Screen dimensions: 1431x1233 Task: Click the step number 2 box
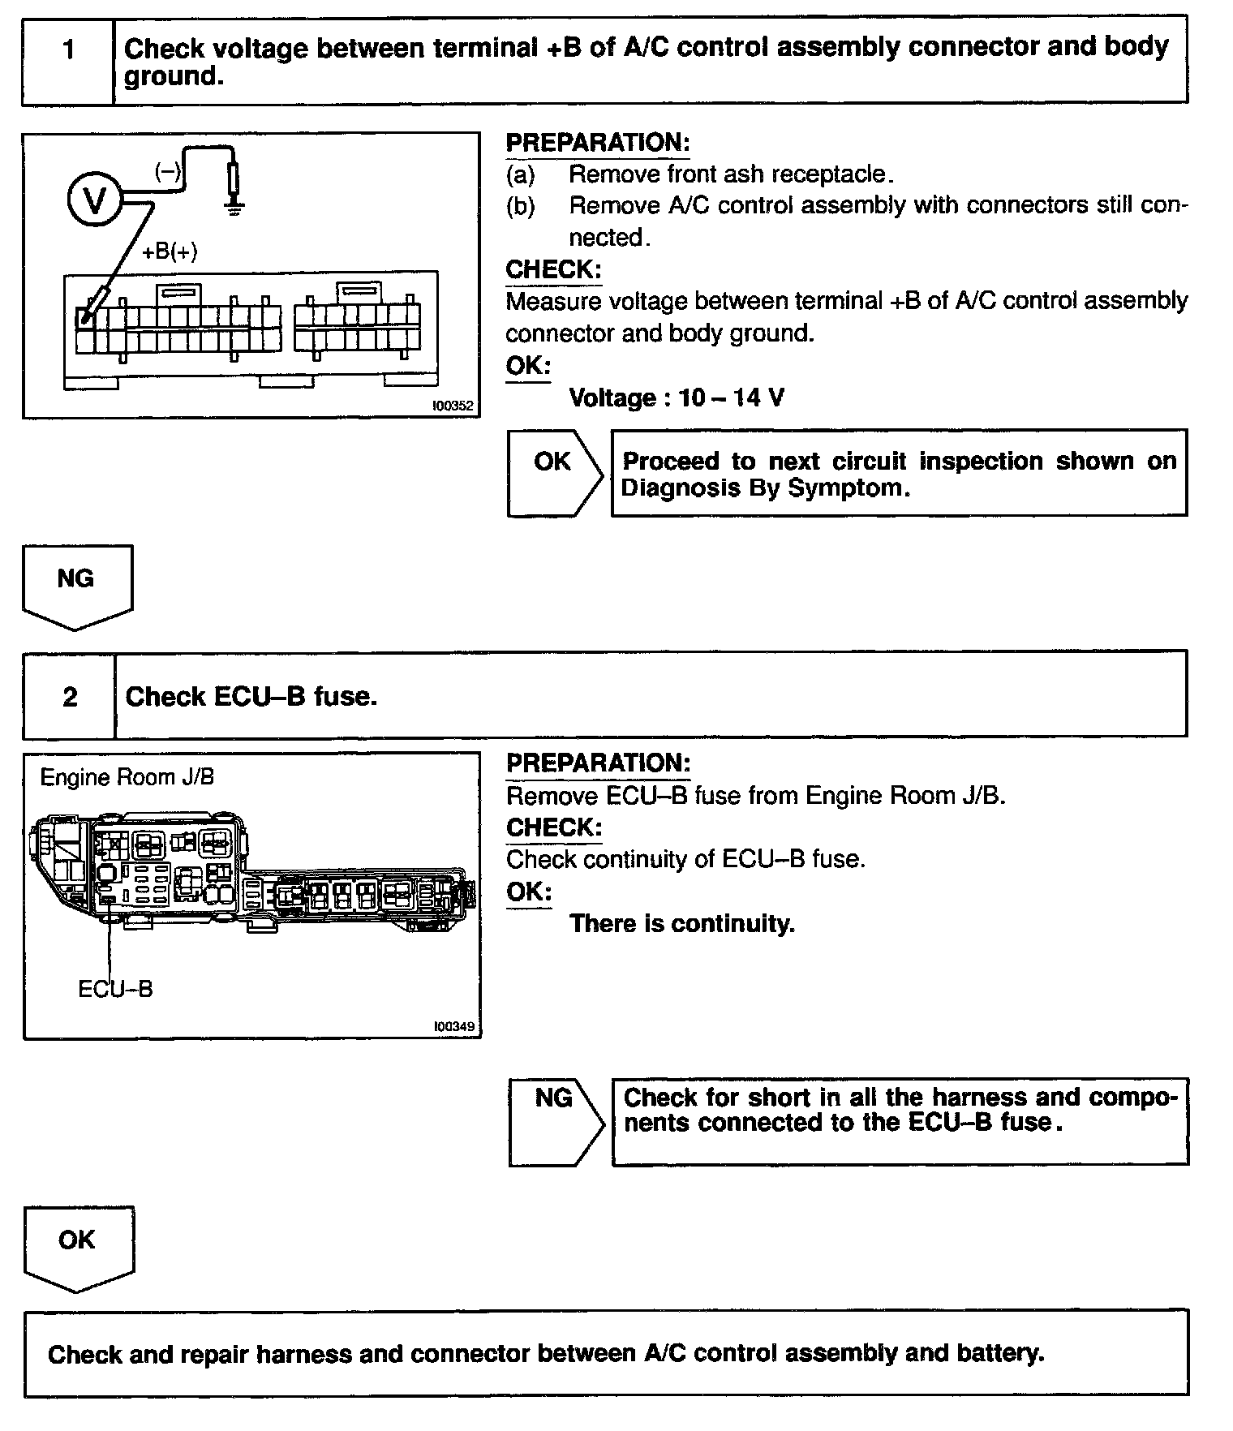pos(70,697)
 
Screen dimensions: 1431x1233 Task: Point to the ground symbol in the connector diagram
pos(234,210)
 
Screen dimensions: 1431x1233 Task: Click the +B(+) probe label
pos(170,251)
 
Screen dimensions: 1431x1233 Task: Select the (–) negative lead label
pos(169,171)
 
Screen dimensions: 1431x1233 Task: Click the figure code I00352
pos(453,406)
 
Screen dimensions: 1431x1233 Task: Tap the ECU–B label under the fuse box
pos(115,989)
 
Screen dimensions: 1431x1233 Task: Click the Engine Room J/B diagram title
pos(127,777)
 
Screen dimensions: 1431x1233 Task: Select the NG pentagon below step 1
pos(76,585)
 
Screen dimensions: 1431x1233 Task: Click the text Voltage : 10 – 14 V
pos(677,397)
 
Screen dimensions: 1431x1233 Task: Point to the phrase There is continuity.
pos(681,923)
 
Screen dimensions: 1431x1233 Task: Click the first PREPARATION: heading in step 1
pos(597,143)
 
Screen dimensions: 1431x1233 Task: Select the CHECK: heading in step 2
pos(554,827)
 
